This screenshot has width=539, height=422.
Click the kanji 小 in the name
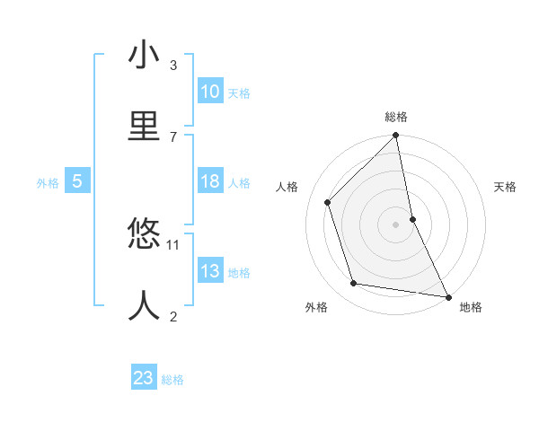(x=144, y=56)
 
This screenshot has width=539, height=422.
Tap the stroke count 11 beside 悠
(x=173, y=244)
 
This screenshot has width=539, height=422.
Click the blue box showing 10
(x=210, y=92)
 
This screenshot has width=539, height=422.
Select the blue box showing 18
(x=210, y=181)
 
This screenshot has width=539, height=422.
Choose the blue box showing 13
(x=210, y=271)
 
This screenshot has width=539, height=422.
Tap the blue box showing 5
(x=77, y=181)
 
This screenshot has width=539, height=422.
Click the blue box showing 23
(x=144, y=378)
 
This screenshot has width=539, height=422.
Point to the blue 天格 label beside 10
(x=239, y=93)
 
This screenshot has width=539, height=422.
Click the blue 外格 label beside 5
(x=48, y=183)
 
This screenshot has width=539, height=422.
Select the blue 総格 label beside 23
(x=172, y=380)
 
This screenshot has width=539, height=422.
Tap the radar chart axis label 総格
(x=396, y=117)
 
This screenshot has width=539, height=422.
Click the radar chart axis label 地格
(x=471, y=308)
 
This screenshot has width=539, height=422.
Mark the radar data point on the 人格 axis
(x=328, y=202)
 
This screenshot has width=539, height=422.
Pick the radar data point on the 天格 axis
(x=412, y=219)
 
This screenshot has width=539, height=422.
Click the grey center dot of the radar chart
(x=396, y=224)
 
